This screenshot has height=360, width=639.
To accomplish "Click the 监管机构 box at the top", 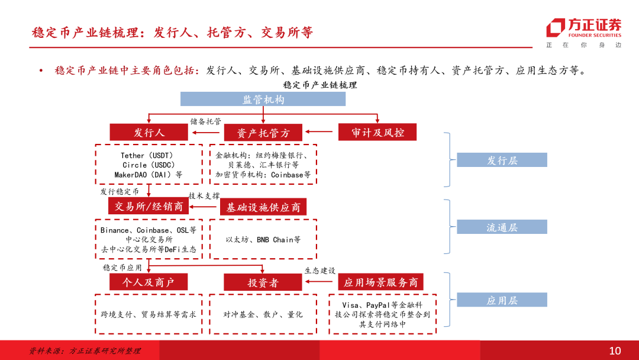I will click(263, 99).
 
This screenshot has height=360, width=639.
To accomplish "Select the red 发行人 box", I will click(149, 133).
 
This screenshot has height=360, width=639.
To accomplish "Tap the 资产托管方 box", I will click(263, 133).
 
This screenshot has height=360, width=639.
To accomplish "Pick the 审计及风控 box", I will click(377, 133).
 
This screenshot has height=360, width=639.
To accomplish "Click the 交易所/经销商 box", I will click(149, 207).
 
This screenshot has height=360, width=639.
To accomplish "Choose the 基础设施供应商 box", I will click(263, 207).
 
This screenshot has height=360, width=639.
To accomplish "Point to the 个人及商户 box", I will click(148, 282).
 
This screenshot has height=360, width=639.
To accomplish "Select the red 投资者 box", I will click(263, 283).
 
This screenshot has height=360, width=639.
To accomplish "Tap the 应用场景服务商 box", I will click(380, 282).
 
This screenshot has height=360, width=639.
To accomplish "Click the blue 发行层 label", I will click(502, 160).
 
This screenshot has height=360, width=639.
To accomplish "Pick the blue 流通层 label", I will click(502, 227).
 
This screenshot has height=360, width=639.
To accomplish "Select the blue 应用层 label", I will click(502, 300).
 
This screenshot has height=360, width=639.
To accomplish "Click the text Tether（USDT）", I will click(147, 156).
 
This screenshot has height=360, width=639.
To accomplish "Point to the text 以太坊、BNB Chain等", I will click(263, 240).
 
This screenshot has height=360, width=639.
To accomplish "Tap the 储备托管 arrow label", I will click(205, 121).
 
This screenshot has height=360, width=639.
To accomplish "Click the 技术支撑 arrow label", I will click(204, 195).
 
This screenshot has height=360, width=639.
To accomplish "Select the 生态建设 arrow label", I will click(320, 271).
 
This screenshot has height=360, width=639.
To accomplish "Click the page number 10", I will click(615, 351).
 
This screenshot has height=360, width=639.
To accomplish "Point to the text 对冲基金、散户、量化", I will click(263, 314).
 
